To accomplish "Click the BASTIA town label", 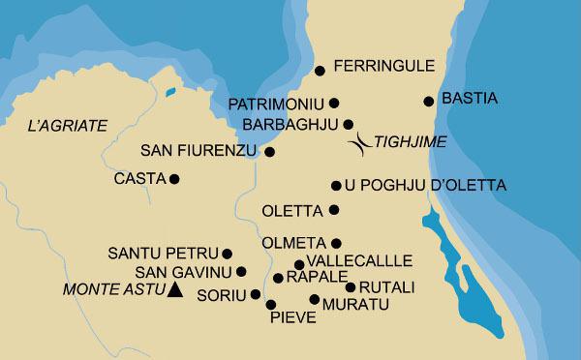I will (x=469, y=99).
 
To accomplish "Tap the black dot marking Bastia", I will (x=428, y=101).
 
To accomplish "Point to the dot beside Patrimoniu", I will (x=334, y=103).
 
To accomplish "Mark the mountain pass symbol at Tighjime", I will (x=360, y=142).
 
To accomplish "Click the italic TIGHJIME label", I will (x=410, y=142).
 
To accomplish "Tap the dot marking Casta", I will (x=174, y=178).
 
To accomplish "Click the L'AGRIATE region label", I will (x=66, y=125).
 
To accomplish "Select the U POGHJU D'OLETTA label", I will (x=413, y=185).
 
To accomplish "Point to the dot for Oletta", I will (x=334, y=209).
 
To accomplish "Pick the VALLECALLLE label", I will (x=359, y=261).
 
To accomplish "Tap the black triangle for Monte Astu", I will (x=174, y=289).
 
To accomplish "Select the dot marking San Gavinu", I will (x=241, y=272).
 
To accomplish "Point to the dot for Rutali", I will (x=350, y=286).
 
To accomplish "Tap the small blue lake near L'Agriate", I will (x=169, y=93).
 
